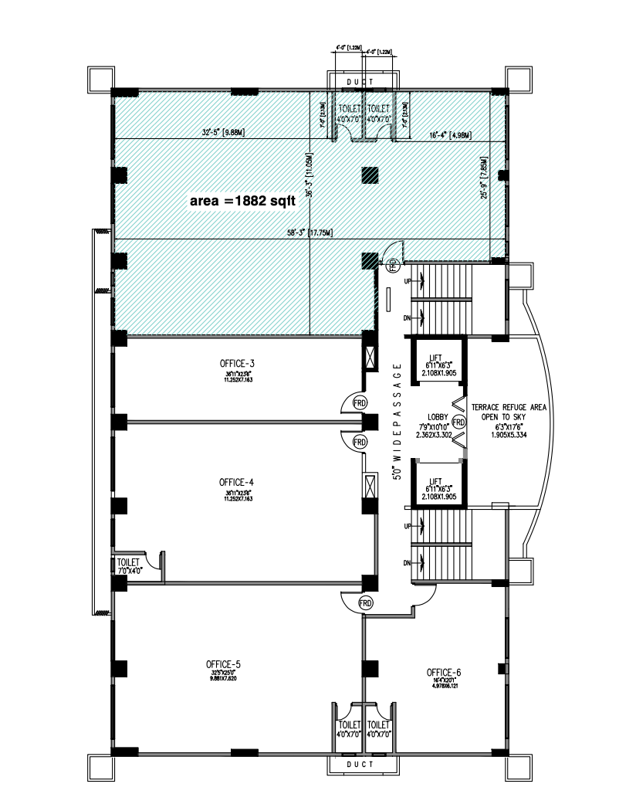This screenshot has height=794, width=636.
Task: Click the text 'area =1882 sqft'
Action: point(240,201)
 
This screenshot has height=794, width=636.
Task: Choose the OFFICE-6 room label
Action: point(444,673)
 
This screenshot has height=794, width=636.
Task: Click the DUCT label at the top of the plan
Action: point(360,81)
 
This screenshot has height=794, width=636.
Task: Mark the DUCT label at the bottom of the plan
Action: point(360,764)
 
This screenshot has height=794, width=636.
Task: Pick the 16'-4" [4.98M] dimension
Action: point(450,135)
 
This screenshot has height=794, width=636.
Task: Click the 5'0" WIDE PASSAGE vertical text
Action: point(397,422)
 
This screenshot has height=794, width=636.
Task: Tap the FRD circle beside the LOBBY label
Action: point(458,422)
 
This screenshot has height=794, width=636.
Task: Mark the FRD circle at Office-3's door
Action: point(359,403)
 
